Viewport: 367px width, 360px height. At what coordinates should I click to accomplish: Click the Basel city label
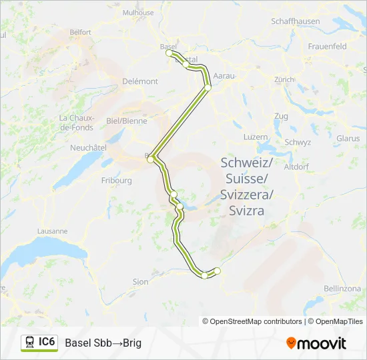tap(167, 46)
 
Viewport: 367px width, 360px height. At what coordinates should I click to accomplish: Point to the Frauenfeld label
tap(328, 47)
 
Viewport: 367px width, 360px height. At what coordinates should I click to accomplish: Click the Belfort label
tap(80, 31)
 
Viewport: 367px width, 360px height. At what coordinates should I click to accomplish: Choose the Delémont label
tap(140, 81)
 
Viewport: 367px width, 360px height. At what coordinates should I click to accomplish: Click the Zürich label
tap(284, 79)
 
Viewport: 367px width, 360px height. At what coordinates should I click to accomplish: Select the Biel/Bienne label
tap(127, 121)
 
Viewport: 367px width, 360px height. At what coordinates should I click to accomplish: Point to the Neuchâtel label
tap(88, 147)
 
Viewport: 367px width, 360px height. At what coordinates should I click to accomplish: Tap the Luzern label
tap(256, 137)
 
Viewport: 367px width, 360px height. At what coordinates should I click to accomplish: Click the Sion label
tap(140, 282)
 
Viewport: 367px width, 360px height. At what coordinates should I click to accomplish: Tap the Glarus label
tap(348, 139)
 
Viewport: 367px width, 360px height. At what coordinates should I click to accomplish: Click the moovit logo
tap(316, 343)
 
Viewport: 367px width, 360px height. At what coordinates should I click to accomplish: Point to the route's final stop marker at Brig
tap(217, 270)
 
